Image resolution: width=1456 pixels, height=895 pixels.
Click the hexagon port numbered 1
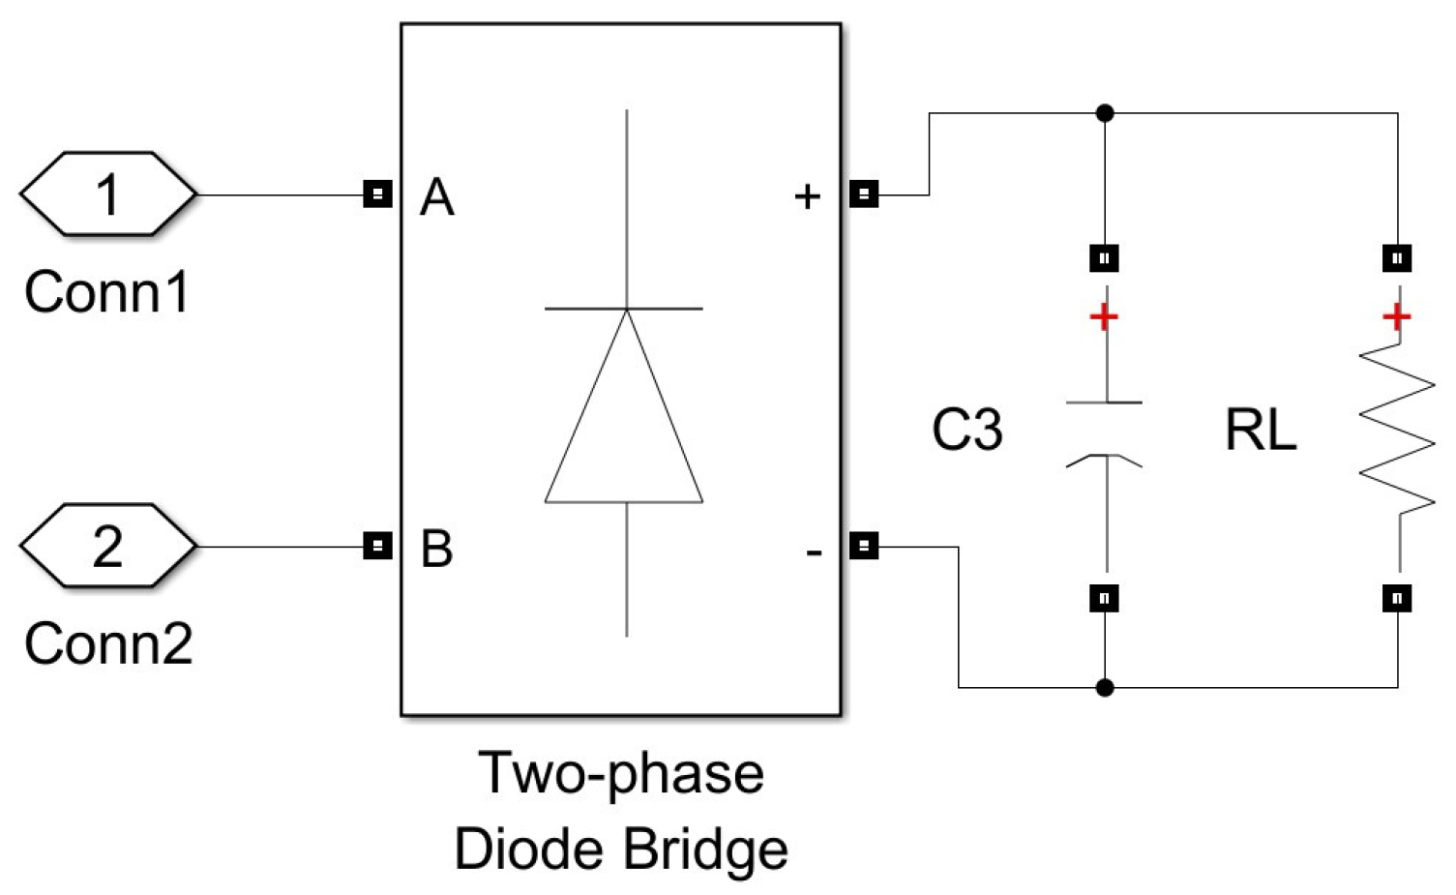pyautogui.click(x=107, y=194)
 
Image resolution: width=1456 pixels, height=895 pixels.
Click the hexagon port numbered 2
pyautogui.click(x=107, y=546)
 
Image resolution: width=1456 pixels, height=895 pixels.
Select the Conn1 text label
pyautogui.click(x=106, y=292)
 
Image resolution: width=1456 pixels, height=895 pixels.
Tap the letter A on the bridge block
pyautogui.click(x=436, y=198)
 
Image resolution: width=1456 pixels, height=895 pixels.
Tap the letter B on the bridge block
pyautogui.click(x=436, y=549)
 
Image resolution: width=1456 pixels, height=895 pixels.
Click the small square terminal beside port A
pyautogui.click(x=377, y=194)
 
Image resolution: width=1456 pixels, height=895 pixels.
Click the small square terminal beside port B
pyautogui.click(x=377, y=547)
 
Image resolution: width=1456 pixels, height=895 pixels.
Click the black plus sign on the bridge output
pyautogui.click(x=807, y=197)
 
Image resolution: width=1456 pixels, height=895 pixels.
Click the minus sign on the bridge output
pyautogui.click(x=814, y=552)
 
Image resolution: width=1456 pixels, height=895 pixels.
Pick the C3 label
pyautogui.click(x=966, y=431)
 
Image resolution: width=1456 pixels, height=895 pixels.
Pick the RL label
pyautogui.click(x=1260, y=431)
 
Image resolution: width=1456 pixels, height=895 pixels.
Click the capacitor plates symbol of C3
pyautogui.click(x=1104, y=431)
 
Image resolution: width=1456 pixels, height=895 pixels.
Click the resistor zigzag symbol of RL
pyautogui.click(x=1397, y=431)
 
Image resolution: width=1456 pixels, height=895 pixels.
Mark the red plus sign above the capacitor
pyautogui.click(x=1104, y=317)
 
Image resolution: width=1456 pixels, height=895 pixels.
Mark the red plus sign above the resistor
pyautogui.click(x=1396, y=316)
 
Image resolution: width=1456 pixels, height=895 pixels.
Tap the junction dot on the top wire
pyautogui.click(x=1105, y=113)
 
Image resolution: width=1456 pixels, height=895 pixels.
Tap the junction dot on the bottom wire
pyautogui.click(x=1105, y=688)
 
